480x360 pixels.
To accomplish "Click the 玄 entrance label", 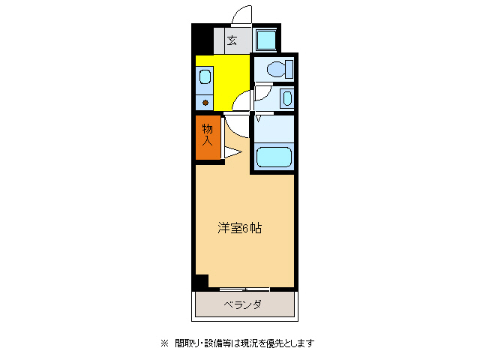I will (232, 40).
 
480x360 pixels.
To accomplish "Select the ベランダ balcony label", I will (242, 304).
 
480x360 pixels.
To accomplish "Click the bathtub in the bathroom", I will (273, 157).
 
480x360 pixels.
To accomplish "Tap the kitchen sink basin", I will (205, 77).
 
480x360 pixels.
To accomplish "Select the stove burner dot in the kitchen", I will (205, 102).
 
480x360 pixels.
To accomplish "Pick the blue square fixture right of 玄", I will (265, 39).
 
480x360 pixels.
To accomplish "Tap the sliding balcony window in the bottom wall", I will (244, 289).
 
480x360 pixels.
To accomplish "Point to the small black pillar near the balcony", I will (200, 282).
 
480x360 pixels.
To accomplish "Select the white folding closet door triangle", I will (231, 152).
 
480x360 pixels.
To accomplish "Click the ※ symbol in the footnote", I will (165, 343).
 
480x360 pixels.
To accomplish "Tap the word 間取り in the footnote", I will (187, 343).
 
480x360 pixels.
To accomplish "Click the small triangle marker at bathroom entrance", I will (259, 118).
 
